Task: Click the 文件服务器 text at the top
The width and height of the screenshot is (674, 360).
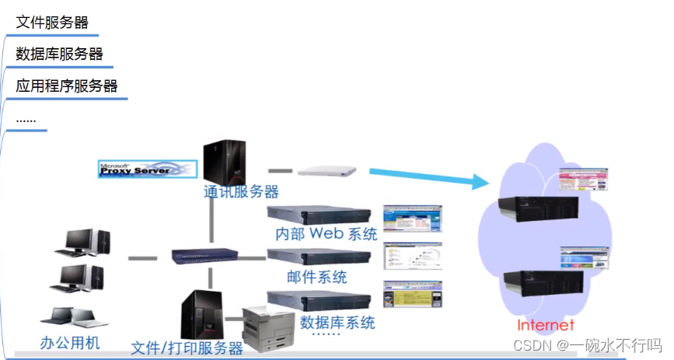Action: coord(52,22)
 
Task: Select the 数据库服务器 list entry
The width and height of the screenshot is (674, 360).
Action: coord(59,54)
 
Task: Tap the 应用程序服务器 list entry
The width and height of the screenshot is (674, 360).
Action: coord(67,86)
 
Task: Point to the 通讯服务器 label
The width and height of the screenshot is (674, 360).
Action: coord(241,191)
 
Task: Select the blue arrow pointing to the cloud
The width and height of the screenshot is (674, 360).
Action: coord(428,177)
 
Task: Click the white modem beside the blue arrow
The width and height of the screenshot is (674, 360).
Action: coord(327,170)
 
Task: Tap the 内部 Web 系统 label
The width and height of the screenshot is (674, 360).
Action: coord(327,233)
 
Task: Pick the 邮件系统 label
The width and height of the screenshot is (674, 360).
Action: coord(317,277)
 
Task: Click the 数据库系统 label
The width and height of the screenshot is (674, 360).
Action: coord(337,321)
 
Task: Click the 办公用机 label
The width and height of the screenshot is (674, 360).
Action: coord(70,343)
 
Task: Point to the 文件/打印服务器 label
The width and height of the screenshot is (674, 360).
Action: coord(187,348)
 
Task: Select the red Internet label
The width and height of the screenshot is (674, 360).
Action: coord(546,325)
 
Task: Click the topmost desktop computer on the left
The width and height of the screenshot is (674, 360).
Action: coord(82,243)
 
